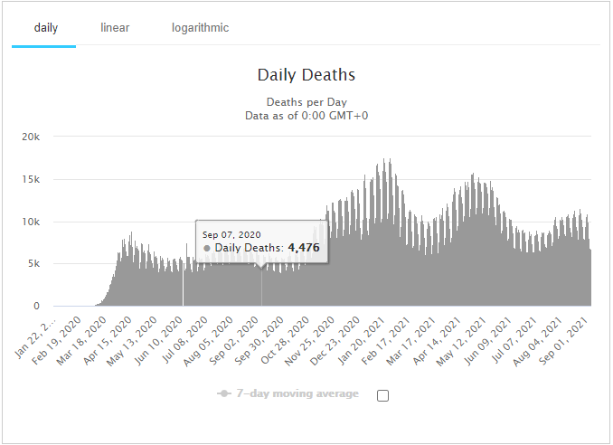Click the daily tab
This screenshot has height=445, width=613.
(x=46, y=27)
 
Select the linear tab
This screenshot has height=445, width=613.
(x=115, y=27)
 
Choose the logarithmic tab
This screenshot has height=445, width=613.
(x=200, y=27)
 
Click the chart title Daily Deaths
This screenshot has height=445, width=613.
(x=306, y=75)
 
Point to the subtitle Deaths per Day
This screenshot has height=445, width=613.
(x=306, y=102)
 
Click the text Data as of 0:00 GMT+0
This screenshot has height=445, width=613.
(x=306, y=116)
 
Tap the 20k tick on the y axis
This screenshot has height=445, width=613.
(x=31, y=137)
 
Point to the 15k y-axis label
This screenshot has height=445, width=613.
(x=31, y=179)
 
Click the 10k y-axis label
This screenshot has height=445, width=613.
(x=31, y=222)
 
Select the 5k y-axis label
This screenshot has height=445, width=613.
(x=33, y=264)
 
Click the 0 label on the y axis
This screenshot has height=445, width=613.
(x=36, y=307)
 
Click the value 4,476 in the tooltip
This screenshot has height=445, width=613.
(x=304, y=248)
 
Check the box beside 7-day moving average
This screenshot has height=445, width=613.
(x=382, y=395)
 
